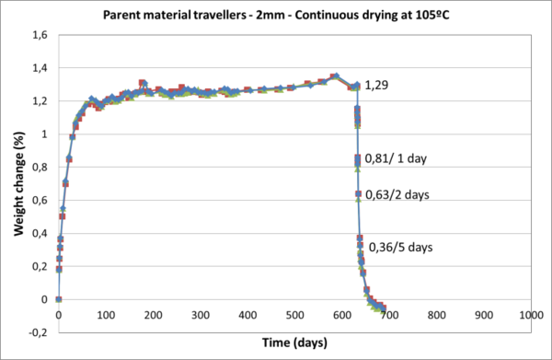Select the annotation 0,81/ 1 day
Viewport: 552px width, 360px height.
pos(397,157)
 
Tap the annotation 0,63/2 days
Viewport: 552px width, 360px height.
pos(397,194)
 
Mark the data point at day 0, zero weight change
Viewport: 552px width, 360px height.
pos(59,299)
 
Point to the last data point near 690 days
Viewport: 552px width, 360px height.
pos(383,308)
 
